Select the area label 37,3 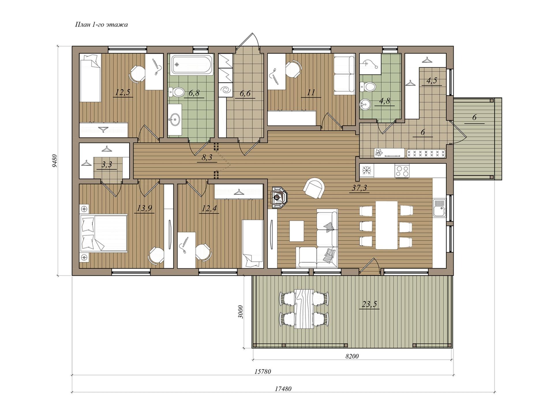[359, 188]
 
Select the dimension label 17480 [283, 389]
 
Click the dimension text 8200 [352, 356]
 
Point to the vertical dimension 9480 [55, 161]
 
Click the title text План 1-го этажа [101, 25]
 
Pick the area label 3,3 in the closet [107, 165]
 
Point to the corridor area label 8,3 [207, 157]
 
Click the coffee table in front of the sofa [297, 231]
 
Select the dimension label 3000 [241, 312]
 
